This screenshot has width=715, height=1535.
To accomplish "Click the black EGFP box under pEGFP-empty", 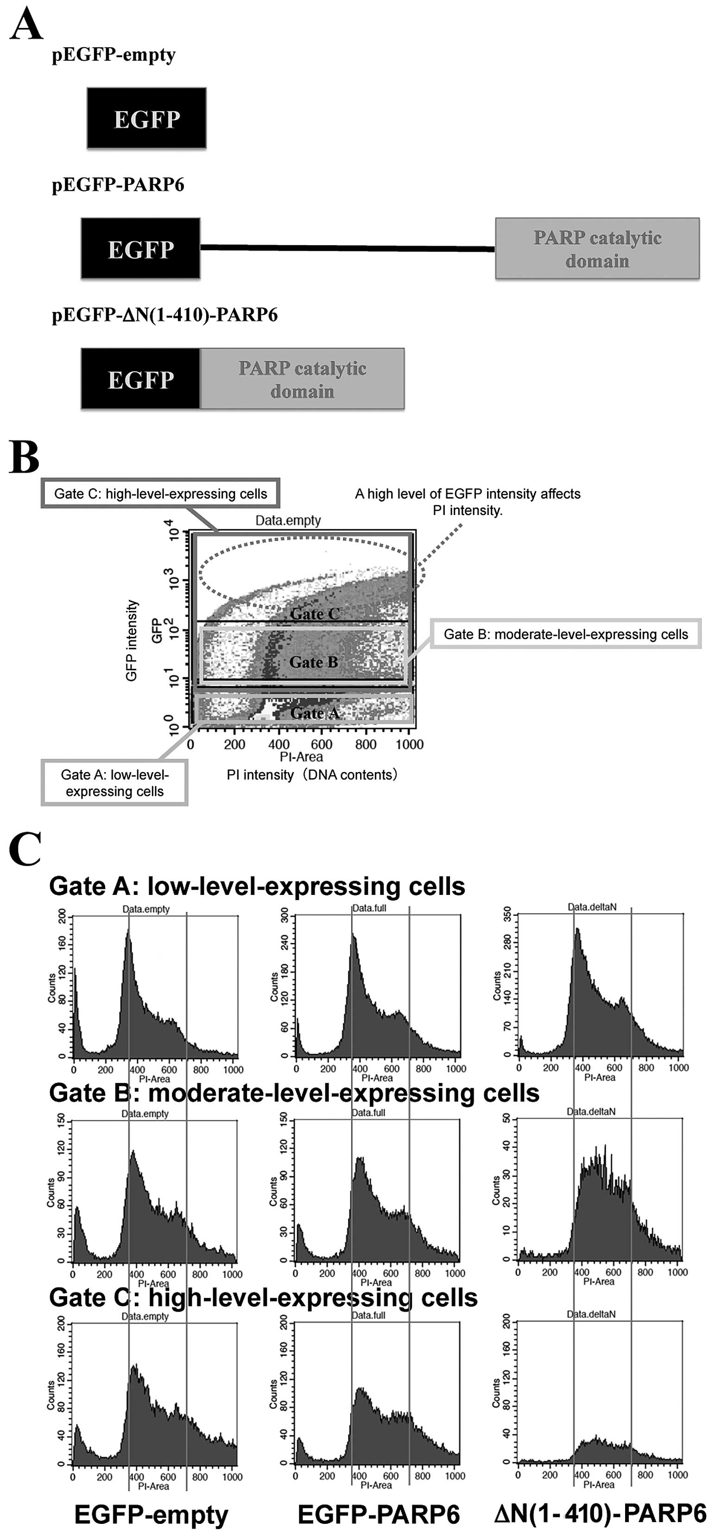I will [146, 118].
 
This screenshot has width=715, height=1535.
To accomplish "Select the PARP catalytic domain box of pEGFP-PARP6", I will [597, 248].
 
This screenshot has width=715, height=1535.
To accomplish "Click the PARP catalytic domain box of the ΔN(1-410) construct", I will [302, 379].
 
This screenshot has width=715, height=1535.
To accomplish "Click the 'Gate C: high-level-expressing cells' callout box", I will [160, 494].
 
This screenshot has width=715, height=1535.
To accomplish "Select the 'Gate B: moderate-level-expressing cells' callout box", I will [565, 634].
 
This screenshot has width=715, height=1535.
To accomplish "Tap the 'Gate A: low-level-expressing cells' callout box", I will [114, 782].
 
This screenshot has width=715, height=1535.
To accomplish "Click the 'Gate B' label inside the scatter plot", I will [313, 662].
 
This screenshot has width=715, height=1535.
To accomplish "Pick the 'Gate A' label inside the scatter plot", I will [315, 713].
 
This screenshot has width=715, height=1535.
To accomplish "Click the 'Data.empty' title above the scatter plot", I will [288, 520].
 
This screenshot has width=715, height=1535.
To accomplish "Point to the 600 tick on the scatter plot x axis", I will [322, 744].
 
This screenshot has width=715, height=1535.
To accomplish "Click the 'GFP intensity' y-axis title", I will [132, 640].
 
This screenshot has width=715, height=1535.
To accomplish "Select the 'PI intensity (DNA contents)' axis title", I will [311, 774].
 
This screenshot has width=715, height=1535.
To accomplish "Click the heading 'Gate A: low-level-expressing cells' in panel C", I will [257, 886].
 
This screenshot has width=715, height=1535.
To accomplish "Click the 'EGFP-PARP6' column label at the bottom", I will [379, 1514].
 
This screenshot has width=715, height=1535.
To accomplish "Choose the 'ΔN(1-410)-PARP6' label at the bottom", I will [601, 1514].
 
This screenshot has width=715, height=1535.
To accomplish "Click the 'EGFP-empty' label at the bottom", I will [152, 1514].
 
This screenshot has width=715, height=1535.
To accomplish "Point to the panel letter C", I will [25, 849].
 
